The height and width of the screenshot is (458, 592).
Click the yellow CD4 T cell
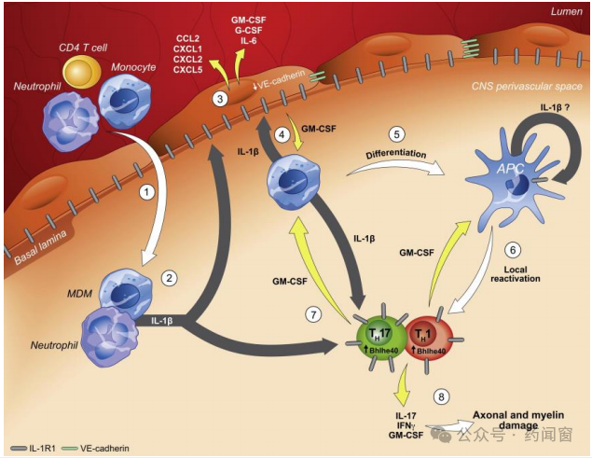coord(83,74)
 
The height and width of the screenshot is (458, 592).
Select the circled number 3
coord(219,99)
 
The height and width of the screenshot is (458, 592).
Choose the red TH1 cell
coord(430,333)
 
